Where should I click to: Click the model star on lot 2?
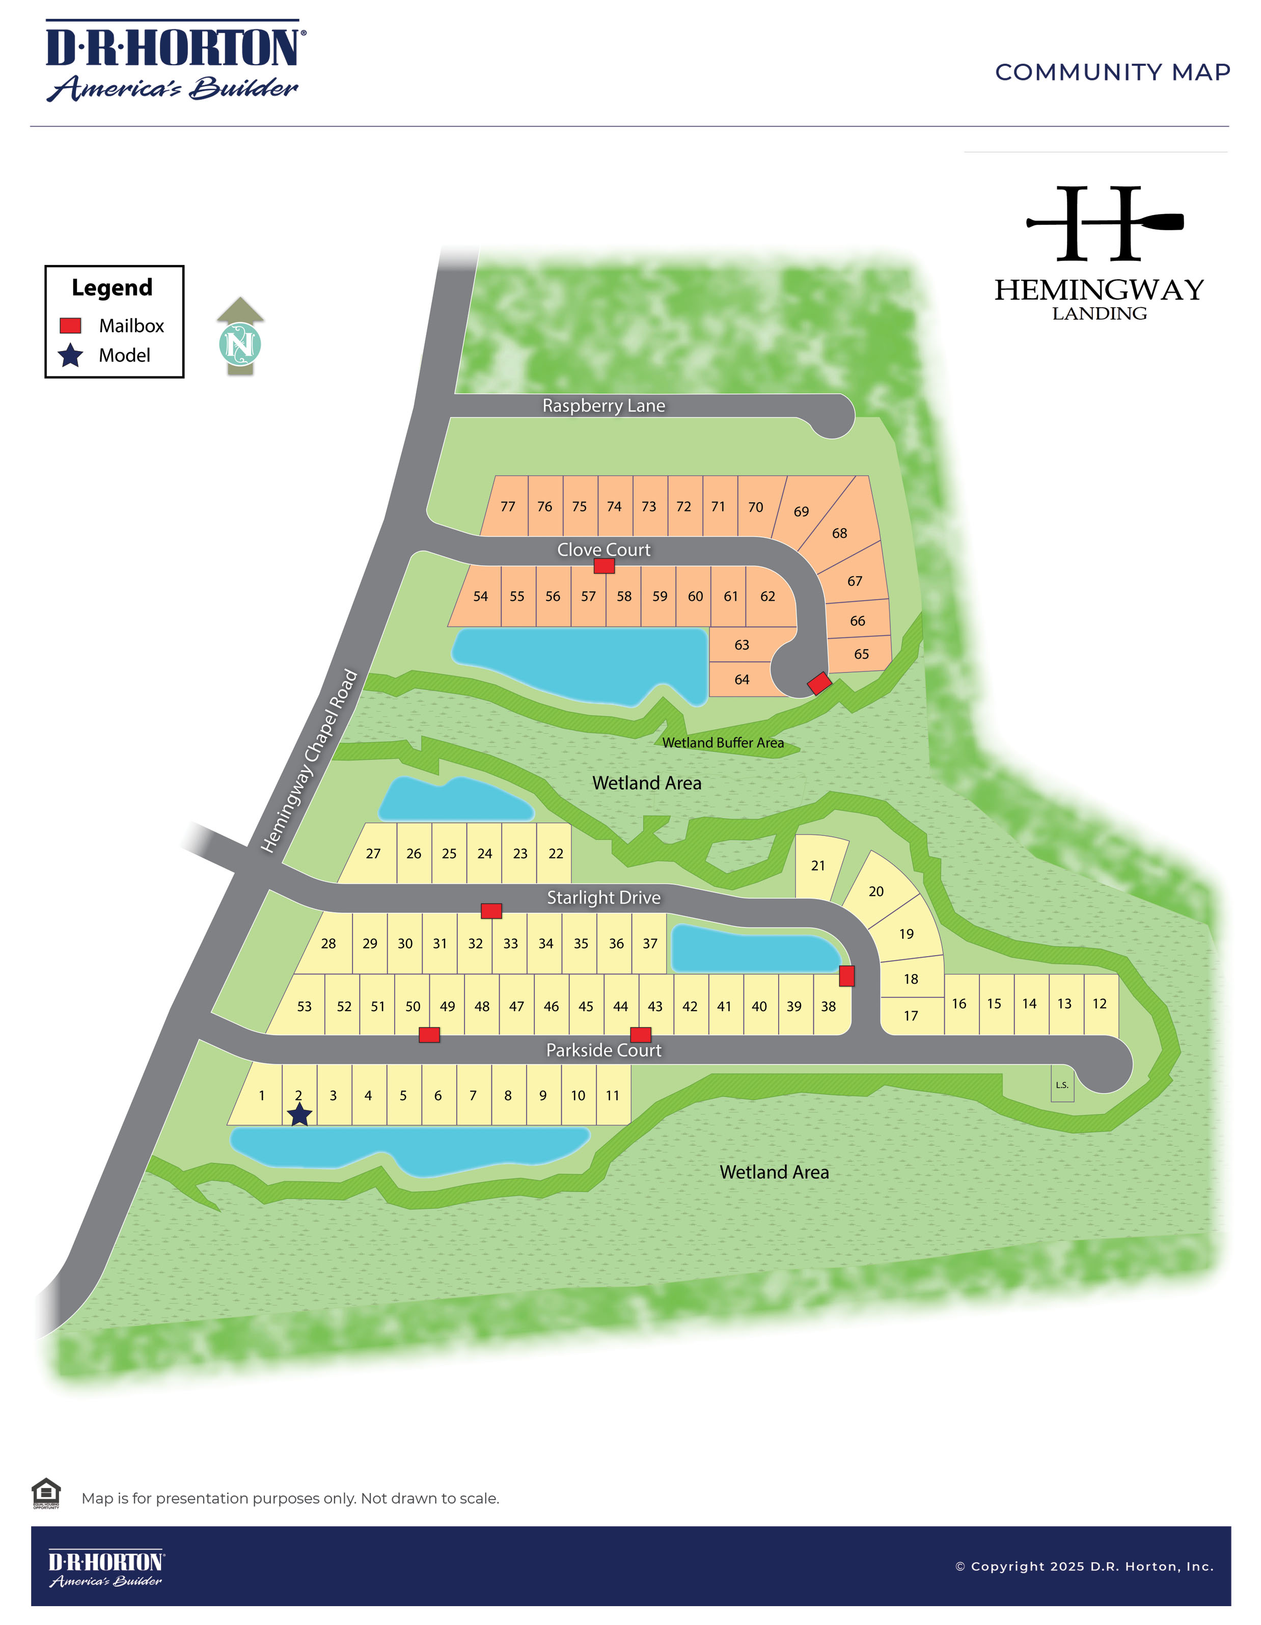pyautogui.click(x=299, y=1115)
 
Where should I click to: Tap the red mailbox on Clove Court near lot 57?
pyautogui.click(x=604, y=566)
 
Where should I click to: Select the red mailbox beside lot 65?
pyautogui.click(x=819, y=683)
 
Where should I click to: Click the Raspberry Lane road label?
pyautogui.click(x=604, y=405)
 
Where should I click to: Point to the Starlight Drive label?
pyautogui.click(x=604, y=898)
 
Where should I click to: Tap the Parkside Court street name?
pyautogui.click(x=604, y=1050)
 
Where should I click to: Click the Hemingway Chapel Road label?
pyautogui.click(x=309, y=761)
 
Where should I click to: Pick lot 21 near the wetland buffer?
pyautogui.click(x=818, y=865)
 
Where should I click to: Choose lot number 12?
pyautogui.click(x=1100, y=1004)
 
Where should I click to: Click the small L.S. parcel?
pyautogui.click(x=1062, y=1085)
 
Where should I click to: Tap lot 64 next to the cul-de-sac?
pyautogui.click(x=742, y=680)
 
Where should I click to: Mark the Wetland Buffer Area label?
pyautogui.click(x=722, y=743)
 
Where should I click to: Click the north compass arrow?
pyautogui.click(x=240, y=339)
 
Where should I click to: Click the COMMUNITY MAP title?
pyautogui.click(x=1112, y=72)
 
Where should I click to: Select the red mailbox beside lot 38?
pyautogui.click(x=846, y=976)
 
